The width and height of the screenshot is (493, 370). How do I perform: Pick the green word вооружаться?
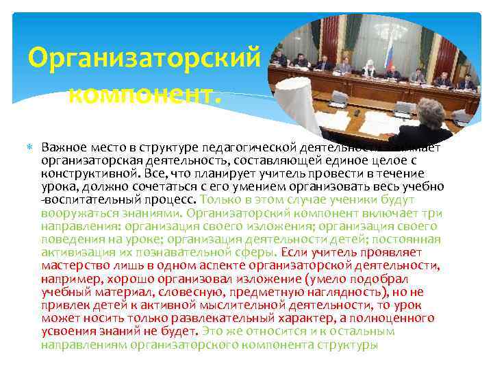[77, 212]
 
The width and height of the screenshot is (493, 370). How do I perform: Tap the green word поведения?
[69, 238]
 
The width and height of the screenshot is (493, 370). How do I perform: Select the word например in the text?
[66, 277]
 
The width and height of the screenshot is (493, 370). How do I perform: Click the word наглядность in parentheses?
[361, 291]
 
